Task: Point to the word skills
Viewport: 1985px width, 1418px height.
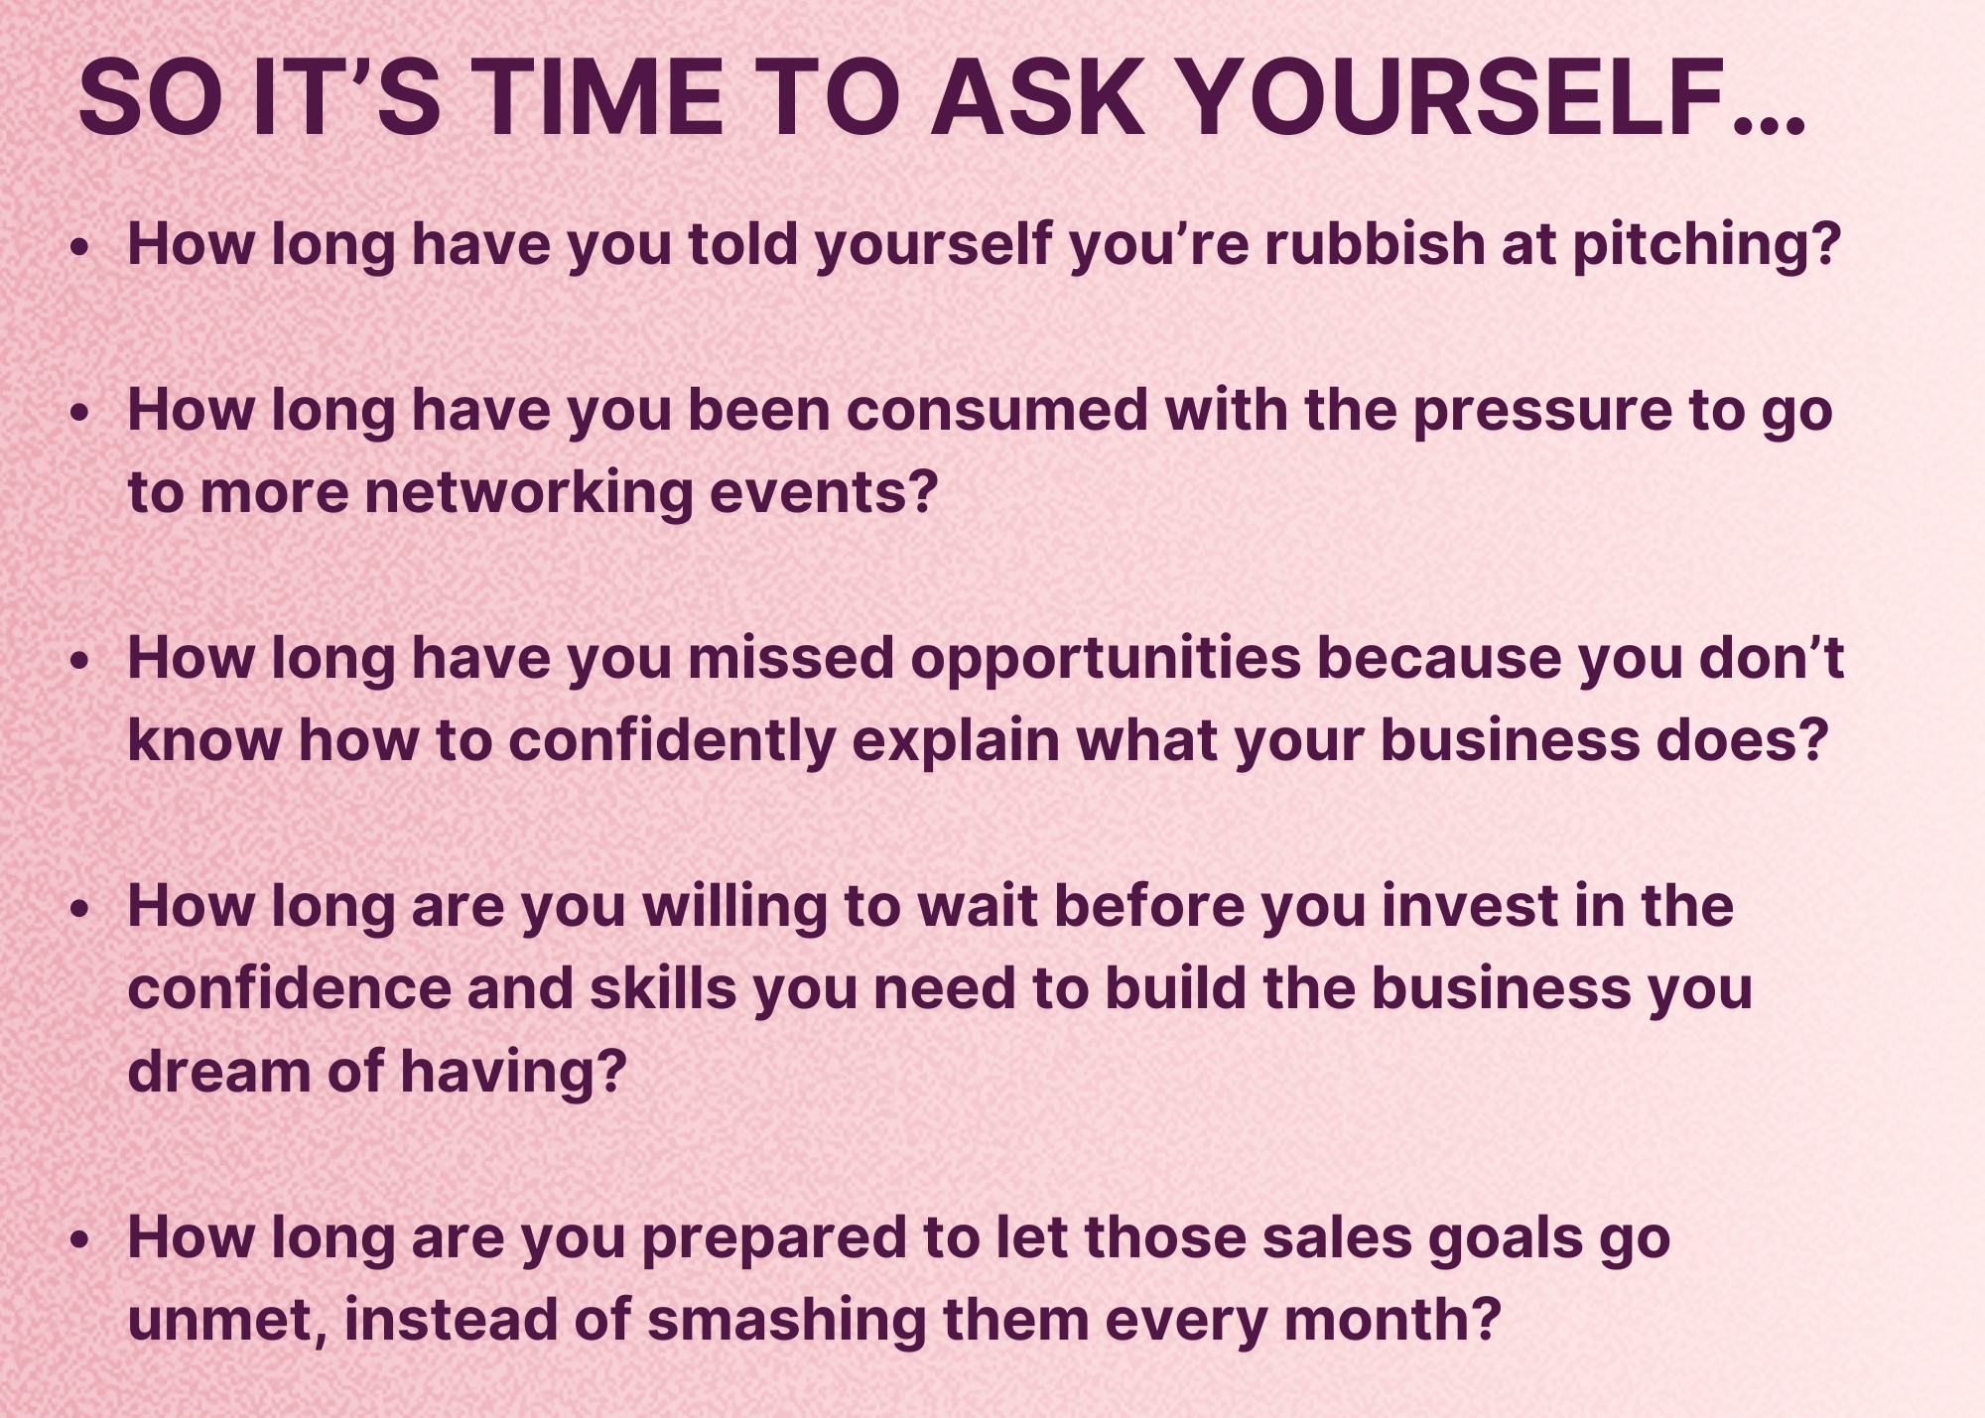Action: (663, 988)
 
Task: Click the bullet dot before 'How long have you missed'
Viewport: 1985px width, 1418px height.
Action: (80, 661)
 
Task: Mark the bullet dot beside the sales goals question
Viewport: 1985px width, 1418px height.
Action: (80, 1240)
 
